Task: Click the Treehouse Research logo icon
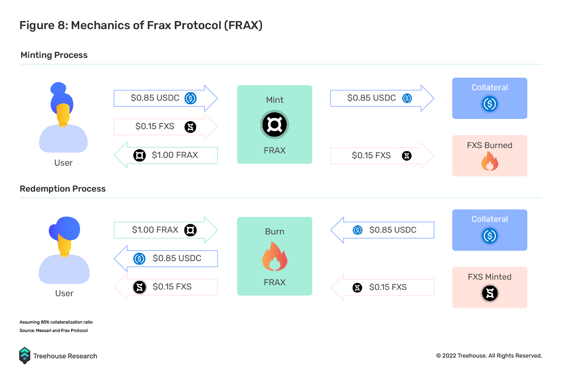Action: [25, 355]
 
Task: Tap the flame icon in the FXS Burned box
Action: [489, 161]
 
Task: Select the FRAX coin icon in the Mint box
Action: [275, 125]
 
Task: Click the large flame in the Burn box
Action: [275, 257]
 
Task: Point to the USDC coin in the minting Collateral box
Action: [489, 104]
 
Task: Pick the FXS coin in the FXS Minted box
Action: [489, 293]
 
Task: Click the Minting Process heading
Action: [54, 55]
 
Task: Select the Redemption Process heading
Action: [63, 189]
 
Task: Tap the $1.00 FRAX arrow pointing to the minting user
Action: [166, 155]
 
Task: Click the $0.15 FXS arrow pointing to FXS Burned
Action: [382, 156]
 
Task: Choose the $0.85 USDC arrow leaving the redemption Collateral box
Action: [382, 230]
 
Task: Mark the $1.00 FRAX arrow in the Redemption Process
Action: [166, 230]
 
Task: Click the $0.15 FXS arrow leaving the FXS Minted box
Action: [382, 287]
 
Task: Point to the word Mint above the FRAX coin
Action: [275, 100]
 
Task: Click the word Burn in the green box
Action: [275, 231]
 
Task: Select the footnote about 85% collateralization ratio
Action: [56, 322]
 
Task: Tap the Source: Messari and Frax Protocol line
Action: [54, 330]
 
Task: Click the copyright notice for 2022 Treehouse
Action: [489, 356]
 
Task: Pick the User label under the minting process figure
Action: [63, 163]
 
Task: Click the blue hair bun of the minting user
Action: [58, 88]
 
